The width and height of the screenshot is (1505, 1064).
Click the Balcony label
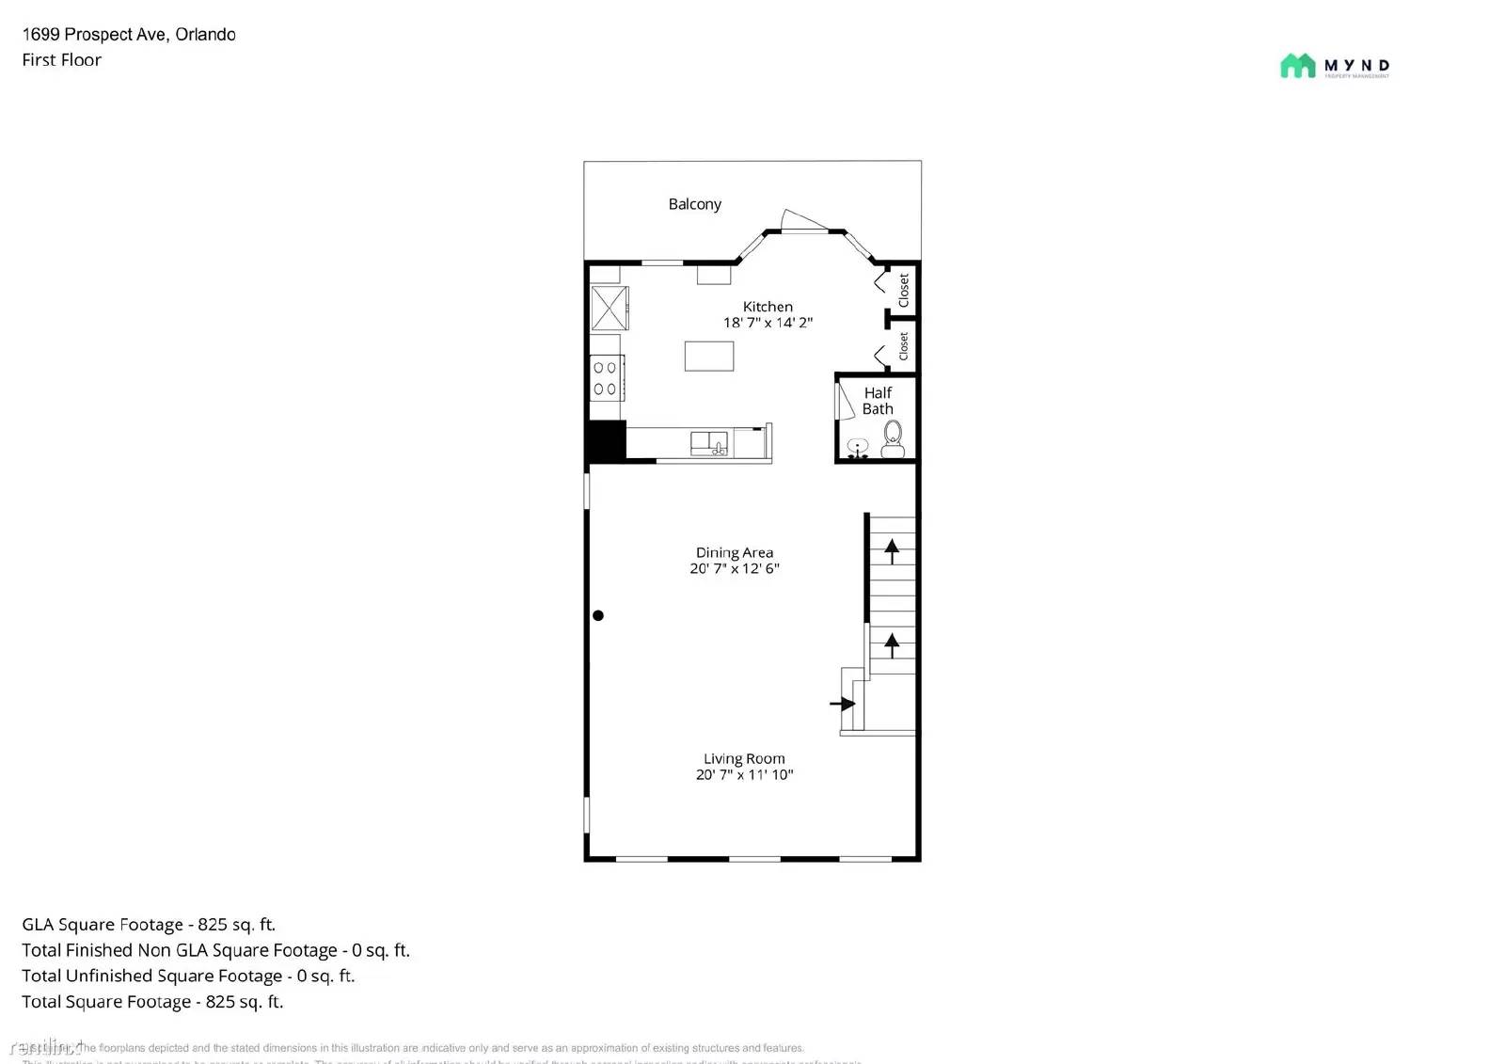coord(694,204)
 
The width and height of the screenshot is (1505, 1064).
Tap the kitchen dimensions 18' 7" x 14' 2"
coord(768,323)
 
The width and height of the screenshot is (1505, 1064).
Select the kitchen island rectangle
coord(708,357)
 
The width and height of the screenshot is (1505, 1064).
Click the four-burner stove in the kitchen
coord(605,378)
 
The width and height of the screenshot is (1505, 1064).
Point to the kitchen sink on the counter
coord(708,443)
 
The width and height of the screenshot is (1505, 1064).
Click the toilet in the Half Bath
coord(893,437)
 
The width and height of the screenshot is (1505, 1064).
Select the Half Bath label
coord(878,401)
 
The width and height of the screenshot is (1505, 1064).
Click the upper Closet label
coord(904,290)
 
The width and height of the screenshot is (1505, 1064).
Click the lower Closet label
coord(904,346)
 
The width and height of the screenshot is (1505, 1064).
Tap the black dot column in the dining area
coord(598,615)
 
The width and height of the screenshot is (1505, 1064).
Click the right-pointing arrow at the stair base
coord(843,704)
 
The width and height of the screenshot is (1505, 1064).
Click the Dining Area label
coord(735,552)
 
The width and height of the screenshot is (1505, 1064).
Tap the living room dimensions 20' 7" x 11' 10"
coord(744,775)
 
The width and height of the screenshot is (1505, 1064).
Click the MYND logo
coord(1334,66)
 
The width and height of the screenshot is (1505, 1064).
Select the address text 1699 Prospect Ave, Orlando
coord(129,35)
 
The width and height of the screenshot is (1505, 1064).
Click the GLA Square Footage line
coord(149,925)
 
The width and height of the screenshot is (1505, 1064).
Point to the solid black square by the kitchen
coord(606,440)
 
